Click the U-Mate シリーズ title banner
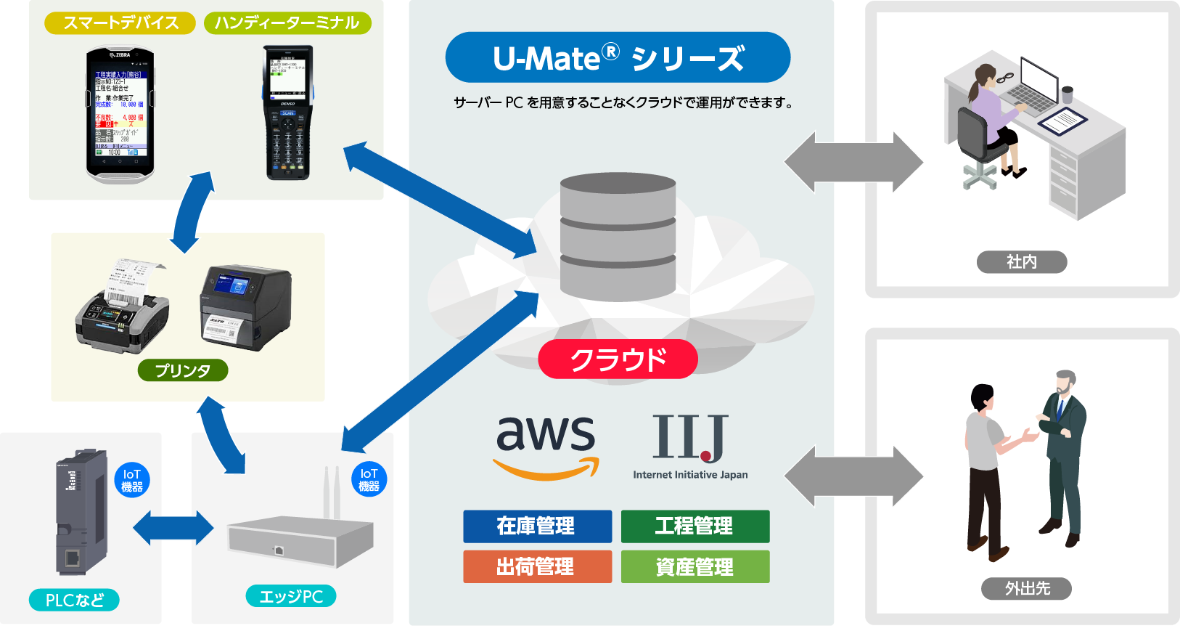618,57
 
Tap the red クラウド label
618,359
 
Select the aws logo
546,445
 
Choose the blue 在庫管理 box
537,526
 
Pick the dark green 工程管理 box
695,526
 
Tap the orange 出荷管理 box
537,566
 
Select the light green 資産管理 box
695,566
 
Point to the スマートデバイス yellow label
120,23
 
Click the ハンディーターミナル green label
287,23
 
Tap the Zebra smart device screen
120,113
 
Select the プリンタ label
183,370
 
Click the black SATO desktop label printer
245,306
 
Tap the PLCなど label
74,600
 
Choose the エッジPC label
291,596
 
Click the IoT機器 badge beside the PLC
132,480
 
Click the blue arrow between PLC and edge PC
173,528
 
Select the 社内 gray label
1021,261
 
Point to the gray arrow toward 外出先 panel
853,476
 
